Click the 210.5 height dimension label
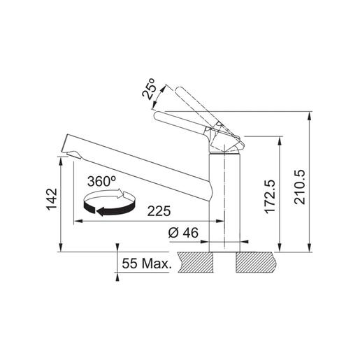[299, 187]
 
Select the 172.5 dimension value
[270, 196]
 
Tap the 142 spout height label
[52, 199]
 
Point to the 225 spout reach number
[159, 211]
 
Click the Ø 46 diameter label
[183, 232]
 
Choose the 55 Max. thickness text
[147, 264]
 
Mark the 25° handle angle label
[149, 89]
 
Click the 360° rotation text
[101, 181]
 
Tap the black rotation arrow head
[101, 212]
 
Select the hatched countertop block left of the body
[195, 262]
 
